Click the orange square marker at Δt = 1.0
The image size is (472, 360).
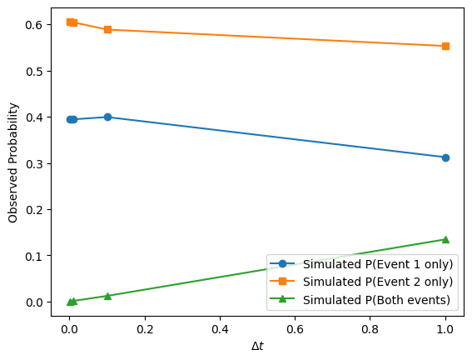(445, 46)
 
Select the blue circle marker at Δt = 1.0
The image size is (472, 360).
(445, 157)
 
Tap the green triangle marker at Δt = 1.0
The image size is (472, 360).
(445, 239)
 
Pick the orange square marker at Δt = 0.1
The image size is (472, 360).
(107, 29)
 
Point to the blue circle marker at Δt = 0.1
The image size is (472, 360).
(107, 117)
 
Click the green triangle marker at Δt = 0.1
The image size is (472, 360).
(107, 296)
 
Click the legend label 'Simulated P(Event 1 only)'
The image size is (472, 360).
(378, 264)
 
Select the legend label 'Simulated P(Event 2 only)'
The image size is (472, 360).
(378, 282)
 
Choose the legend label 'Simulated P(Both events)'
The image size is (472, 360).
(376, 300)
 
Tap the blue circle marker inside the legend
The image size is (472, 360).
(282, 263)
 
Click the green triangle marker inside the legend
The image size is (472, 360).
(282, 299)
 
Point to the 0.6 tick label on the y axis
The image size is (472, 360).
(35, 25)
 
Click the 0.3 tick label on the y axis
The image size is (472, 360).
(35, 163)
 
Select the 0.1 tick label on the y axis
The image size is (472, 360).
(35, 256)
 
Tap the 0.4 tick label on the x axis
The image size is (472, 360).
(220, 329)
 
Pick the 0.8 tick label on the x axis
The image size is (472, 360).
(370, 329)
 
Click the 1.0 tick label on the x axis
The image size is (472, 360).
(445, 329)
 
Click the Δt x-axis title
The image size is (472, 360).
(257, 346)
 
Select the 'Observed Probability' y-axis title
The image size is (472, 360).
(13, 162)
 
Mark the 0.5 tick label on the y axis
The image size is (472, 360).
(35, 72)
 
